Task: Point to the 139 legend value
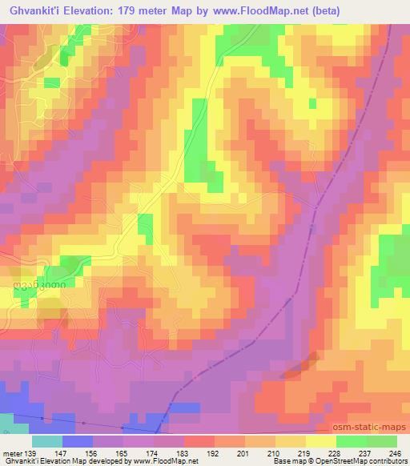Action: [33, 452]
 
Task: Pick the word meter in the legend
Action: [11, 452]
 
